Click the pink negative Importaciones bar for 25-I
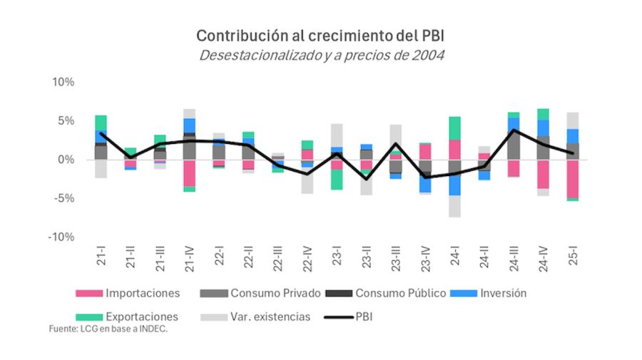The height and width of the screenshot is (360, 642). click(574, 178)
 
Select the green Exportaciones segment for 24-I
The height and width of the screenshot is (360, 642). click(455, 128)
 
